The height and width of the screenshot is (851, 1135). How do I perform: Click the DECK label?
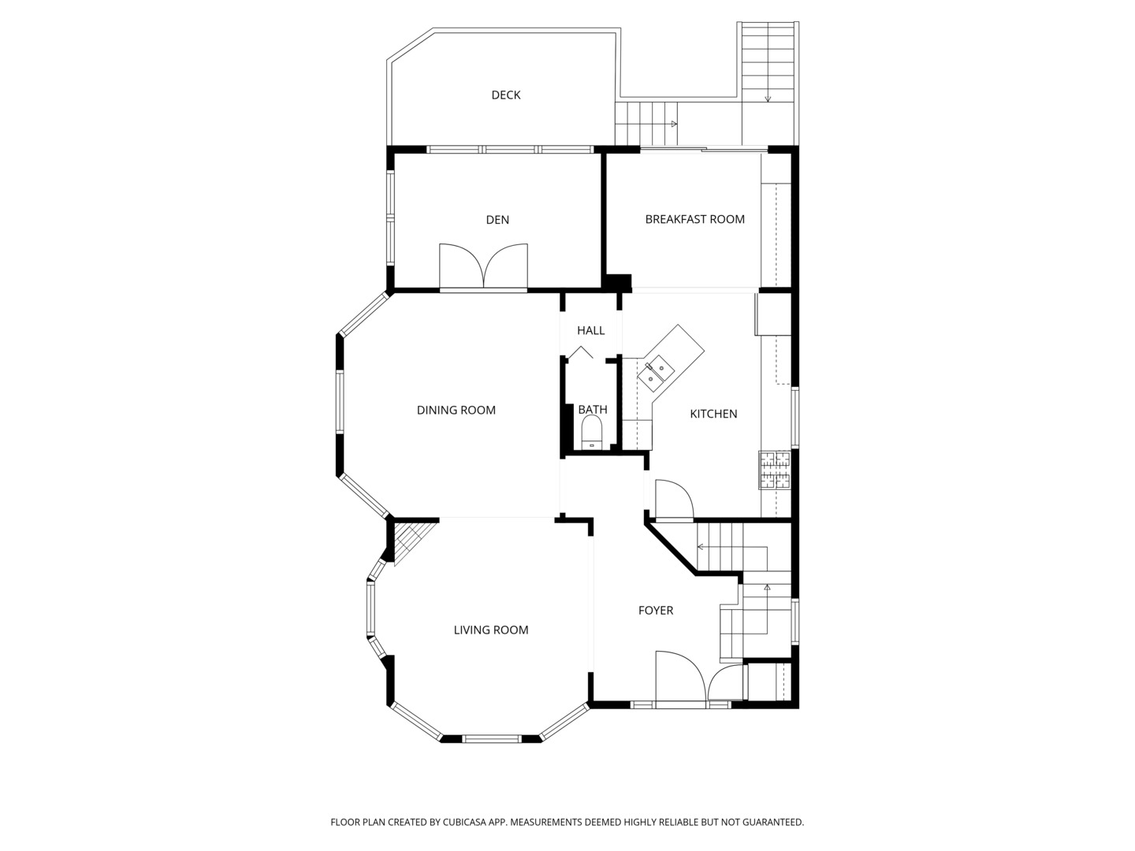coord(506,95)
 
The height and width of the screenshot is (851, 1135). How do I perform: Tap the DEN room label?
coord(497,220)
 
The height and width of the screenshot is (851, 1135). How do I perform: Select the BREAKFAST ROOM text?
coord(695,219)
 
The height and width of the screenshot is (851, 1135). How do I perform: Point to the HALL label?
coord(590,331)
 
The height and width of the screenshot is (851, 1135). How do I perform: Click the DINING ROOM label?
coord(456,411)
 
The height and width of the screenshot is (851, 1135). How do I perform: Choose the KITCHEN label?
coord(713,414)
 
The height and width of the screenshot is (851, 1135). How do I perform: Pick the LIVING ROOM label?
coord(491,630)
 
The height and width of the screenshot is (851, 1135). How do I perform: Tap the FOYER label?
coord(656,610)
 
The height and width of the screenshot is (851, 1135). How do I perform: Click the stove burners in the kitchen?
coord(775,470)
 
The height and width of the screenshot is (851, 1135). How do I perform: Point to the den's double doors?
coord(483,266)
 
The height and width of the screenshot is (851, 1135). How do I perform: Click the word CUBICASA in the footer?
coord(465,822)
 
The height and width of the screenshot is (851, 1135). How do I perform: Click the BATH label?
coord(593,410)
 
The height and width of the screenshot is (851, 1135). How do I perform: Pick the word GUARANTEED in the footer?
coord(773,822)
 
